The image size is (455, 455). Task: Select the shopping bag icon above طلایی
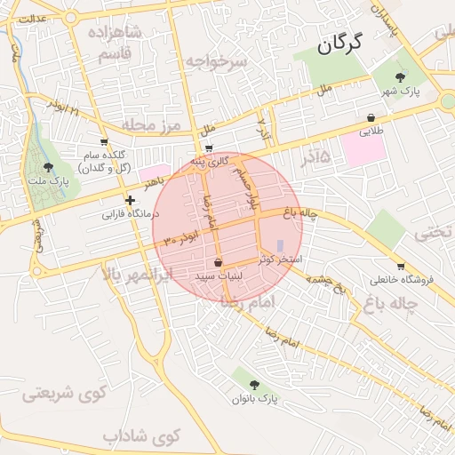370,117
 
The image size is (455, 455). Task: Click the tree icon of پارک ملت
47,167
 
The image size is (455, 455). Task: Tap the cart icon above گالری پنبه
208,148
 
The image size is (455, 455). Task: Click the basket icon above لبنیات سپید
219,262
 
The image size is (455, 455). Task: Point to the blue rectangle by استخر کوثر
280,245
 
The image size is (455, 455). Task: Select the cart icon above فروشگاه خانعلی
401,266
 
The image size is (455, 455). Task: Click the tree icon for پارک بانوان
255,385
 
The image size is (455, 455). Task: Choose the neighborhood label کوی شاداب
141,436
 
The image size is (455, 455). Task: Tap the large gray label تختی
435,233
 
